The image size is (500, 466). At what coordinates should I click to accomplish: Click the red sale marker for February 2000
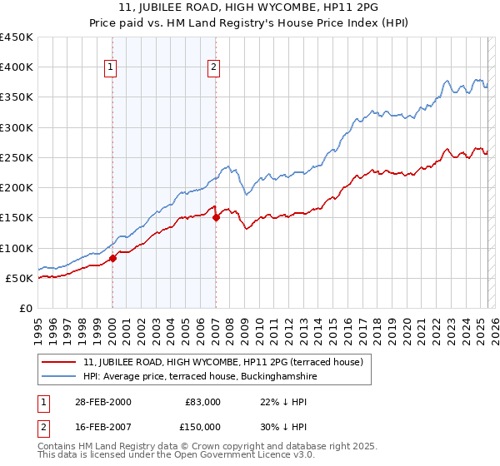point(113,258)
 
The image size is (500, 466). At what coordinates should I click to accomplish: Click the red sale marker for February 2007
point(216,218)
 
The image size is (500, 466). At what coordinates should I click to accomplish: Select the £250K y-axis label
point(17,157)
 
